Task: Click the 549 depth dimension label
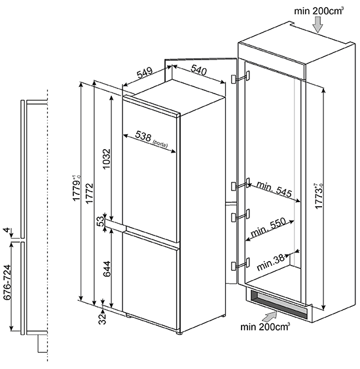point(145,73)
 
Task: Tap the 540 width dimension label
point(199,69)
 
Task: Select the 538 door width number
point(143,136)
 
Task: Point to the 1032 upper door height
point(107,158)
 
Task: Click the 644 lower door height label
point(107,269)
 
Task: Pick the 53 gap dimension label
point(101,221)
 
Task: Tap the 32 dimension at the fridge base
point(103,319)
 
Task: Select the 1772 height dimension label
point(90,193)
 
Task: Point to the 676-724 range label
point(8,282)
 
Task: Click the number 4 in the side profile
point(7,230)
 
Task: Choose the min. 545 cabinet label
point(274,188)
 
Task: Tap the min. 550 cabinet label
point(268,228)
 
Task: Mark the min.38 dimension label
point(270,263)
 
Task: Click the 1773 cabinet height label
point(319,196)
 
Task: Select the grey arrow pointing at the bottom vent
point(270,316)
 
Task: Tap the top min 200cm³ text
point(319,11)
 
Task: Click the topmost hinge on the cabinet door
point(240,78)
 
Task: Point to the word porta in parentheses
point(160,143)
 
